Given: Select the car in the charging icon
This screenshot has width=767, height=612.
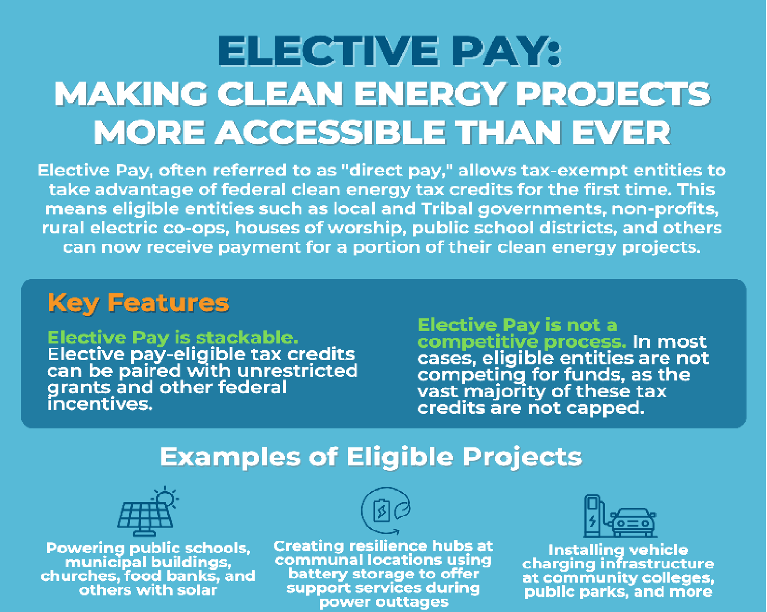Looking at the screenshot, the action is (x=633, y=522).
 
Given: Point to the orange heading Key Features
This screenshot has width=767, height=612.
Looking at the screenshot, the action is (x=138, y=303).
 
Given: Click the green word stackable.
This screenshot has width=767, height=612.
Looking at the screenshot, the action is (x=247, y=338).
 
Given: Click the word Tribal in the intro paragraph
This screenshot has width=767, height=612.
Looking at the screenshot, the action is (x=447, y=209).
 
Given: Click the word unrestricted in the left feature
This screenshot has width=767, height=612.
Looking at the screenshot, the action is (x=297, y=371).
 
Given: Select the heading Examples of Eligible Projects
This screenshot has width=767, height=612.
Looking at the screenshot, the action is (x=371, y=458).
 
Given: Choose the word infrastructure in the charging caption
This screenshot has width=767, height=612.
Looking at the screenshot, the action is (x=657, y=564).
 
